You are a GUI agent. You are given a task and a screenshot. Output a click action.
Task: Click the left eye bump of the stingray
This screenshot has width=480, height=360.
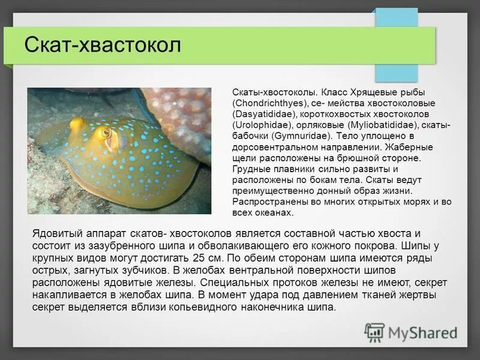click(77, 125)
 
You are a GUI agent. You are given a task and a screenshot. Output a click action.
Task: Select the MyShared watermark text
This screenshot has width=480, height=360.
click(423, 332)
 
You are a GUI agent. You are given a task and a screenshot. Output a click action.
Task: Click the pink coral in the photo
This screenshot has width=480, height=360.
click(180, 114)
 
